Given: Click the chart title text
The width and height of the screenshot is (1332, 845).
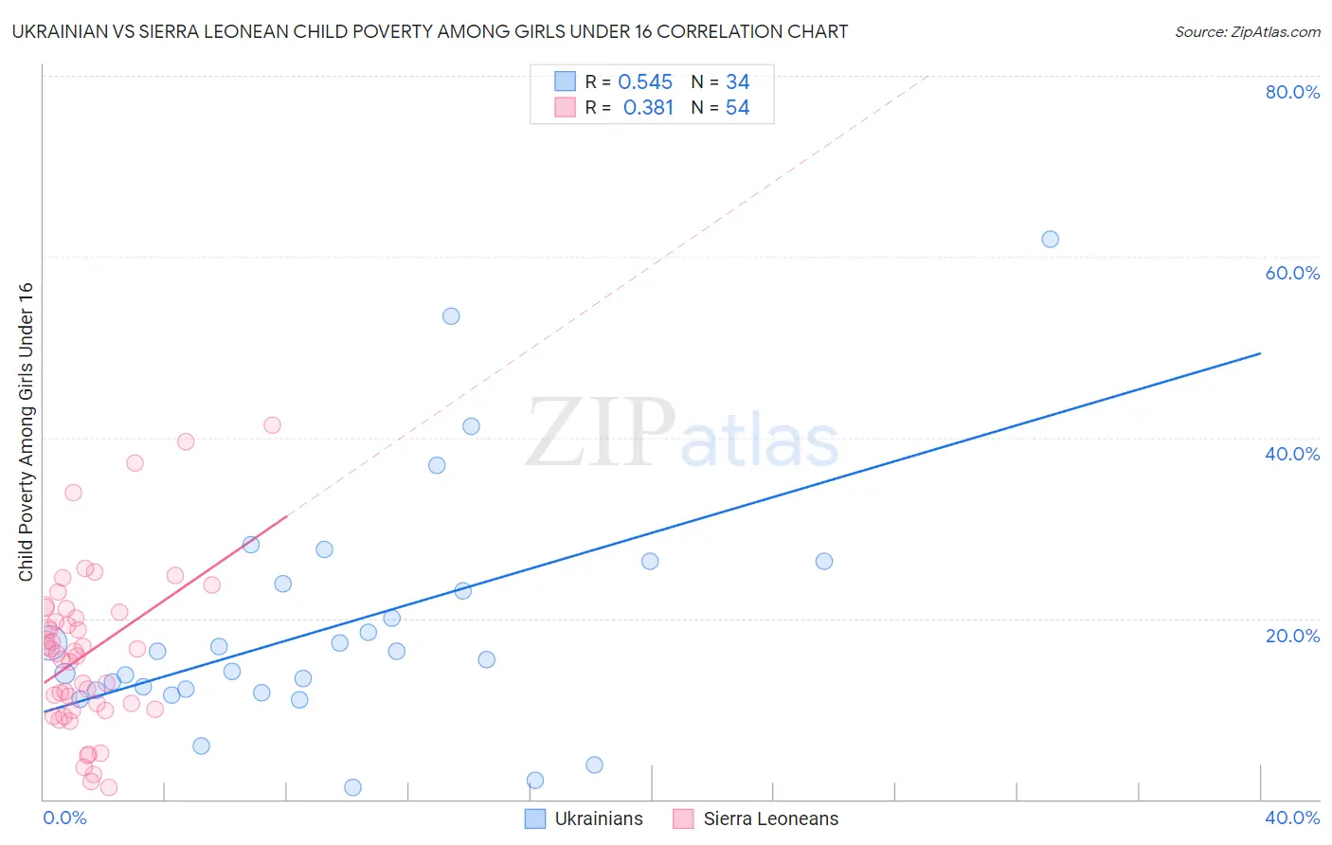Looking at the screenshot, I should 430,31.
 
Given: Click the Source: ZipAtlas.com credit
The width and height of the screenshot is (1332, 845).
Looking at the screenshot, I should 1247,31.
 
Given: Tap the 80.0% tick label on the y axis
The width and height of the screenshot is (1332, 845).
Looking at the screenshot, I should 1292,92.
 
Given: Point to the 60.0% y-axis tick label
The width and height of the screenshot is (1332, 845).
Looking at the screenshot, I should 1292,273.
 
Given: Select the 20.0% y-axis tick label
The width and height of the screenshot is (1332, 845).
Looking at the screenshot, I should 1292,636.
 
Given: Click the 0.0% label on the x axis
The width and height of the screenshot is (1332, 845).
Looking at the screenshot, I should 64,818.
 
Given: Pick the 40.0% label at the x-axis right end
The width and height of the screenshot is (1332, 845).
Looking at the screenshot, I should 1292,818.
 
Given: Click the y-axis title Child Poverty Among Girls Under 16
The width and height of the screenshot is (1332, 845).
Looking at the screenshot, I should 26,432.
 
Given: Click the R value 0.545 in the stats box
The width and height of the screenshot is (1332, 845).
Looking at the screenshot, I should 645,82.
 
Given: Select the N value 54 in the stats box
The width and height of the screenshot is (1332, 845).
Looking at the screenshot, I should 737,108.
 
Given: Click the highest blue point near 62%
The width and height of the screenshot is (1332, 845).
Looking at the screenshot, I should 1050,239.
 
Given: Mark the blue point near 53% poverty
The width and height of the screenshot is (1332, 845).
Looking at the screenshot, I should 451,315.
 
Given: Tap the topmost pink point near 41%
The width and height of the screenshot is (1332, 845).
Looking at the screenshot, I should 272,425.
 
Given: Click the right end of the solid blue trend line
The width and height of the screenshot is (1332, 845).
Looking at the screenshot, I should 1259,353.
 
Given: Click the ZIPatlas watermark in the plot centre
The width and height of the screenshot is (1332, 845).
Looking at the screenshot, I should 682,434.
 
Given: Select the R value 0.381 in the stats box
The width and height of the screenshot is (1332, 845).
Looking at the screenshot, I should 648,108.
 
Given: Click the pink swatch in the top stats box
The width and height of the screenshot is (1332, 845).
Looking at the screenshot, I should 566,107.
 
